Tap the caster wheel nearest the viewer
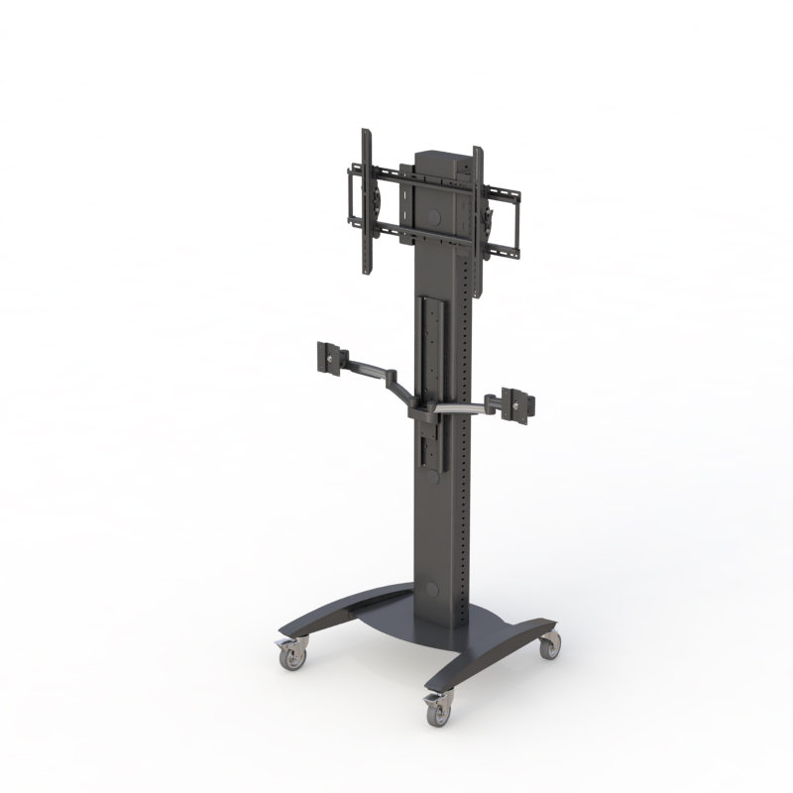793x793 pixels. tap(436, 708)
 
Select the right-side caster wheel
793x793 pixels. tap(548, 645)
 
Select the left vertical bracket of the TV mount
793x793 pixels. tap(366, 203)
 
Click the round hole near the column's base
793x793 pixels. tap(430, 589)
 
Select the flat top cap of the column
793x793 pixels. tap(437, 156)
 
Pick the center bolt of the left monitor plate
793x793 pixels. tap(328, 357)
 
